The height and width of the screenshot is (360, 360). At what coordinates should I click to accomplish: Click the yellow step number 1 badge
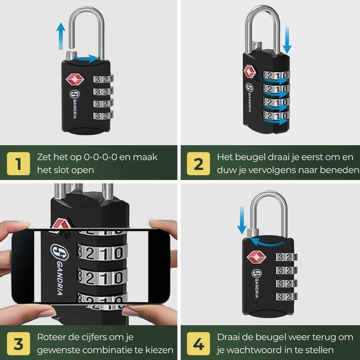tap(18, 164)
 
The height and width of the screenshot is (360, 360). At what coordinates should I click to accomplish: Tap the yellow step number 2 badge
tap(198, 164)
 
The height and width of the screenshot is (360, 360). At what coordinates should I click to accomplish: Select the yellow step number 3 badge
tap(18, 344)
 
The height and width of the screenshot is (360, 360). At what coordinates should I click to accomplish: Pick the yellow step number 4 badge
tap(198, 344)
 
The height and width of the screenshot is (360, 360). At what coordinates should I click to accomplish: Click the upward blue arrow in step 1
tap(61, 36)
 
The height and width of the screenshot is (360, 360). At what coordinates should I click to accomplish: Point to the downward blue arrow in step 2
tap(287, 40)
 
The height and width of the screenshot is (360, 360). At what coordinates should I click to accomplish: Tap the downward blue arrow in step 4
tap(242, 220)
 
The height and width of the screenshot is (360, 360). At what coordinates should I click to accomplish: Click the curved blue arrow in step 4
tap(266, 242)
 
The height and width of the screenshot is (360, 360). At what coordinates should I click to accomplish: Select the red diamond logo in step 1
tap(75, 79)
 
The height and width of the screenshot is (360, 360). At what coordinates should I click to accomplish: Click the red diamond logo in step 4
tap(256, 257)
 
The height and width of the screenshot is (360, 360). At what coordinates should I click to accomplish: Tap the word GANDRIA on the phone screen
tap(60, 278)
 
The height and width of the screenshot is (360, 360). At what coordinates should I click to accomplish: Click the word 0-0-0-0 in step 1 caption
tap(101, 157)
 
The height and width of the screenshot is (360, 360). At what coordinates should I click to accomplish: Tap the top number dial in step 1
tap(103, 79)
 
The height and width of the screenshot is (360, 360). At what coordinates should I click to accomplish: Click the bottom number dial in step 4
tap(287, 296)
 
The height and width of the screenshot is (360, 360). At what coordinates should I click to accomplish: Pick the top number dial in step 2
tap(276, 75)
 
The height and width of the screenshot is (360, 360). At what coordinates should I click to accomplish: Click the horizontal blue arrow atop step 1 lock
tap(87, 58)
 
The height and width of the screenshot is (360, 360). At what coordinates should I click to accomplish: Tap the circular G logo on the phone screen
tap(59, 252)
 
